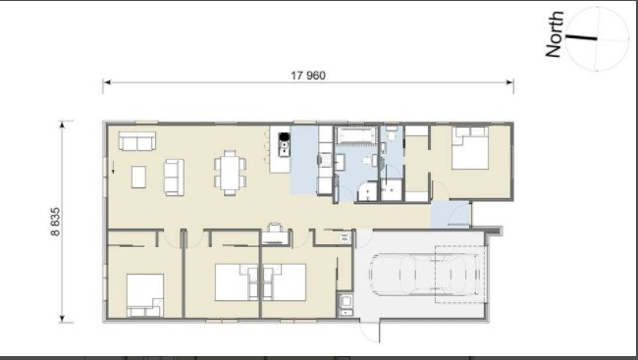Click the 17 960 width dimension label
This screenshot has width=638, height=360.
pos(308,76)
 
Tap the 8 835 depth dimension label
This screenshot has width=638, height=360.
pos(55,222)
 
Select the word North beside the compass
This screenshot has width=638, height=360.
pos(555,34)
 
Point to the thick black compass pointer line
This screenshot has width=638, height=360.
pos(582,38)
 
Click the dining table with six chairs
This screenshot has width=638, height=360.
pos(231,173)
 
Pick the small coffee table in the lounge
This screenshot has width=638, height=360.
pos(138,177)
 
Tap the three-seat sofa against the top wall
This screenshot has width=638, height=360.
pos(137,140)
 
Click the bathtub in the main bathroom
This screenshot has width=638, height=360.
pos(354,135)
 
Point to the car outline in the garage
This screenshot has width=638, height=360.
pos(424,275)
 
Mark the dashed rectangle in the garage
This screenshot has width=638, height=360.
pos(460,275)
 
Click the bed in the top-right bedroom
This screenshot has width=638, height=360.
pos(470,148)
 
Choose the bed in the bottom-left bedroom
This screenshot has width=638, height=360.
pos(145,295)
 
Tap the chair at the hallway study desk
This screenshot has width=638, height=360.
pos(275,228)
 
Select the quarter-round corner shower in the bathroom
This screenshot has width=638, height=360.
pos(367,191)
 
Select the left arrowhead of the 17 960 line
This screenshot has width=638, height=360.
pos(107,82)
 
